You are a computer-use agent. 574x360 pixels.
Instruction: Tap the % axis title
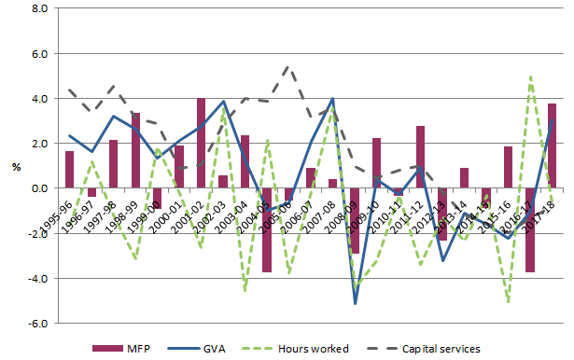click(16, 168)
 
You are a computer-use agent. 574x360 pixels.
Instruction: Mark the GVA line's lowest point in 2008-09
click(355, 303)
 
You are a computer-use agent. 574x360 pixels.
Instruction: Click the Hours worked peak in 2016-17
click(531, 76)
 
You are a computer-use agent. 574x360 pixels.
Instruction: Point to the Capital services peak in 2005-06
click(288, 67)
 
